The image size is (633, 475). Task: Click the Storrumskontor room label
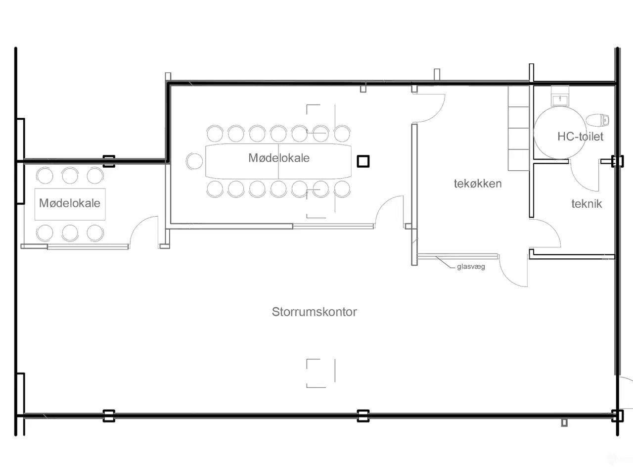pyautogui.click(x=314, y=312)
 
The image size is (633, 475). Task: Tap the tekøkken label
pyautogui.click(x=478, y=184)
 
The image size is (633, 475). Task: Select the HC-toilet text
pyautogui.click(x=580, y=137)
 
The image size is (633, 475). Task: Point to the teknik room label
pyautogui.click(x=587, y=204)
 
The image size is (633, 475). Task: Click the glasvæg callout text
pyautogui.click(x=471, y=267)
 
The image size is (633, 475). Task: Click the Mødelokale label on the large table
pyautogui.click(x=279, y=158)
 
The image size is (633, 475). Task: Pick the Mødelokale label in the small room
pyautogui.click(x=70, y=203)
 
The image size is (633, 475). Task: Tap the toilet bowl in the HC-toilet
pyautogui.click(x=598, y=120)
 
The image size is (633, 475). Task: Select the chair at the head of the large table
pyautogui.click(x=194, y=161)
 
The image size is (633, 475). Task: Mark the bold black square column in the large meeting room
pyautogui.click(x=363, y=161)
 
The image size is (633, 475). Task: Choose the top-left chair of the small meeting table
pyautogui.click(x=45, y=175)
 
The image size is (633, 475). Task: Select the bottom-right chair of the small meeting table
pyautogui.click(x=95, y=233)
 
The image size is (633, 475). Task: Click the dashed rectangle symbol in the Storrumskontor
pyautogui.click(x=320, y=373)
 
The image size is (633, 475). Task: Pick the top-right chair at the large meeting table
pyautogui.click(x=342, y=134)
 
